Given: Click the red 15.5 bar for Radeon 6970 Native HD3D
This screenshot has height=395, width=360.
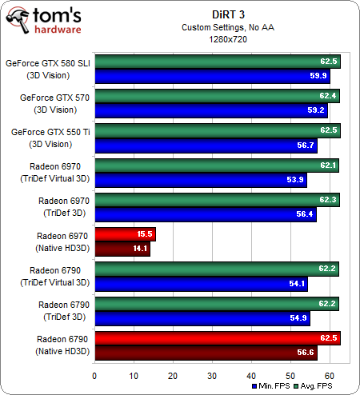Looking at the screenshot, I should tap(125, 233).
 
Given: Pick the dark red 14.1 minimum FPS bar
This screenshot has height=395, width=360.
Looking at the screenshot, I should tap(122, 248).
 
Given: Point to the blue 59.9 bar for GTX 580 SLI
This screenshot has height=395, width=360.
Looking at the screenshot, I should tap(212, 77).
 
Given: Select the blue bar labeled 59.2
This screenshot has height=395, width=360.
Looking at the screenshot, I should tap(210, 111).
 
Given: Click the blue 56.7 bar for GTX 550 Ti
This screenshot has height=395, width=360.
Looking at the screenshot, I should tap(206, 146).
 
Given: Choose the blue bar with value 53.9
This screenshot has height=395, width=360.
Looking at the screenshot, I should tap(200, 180).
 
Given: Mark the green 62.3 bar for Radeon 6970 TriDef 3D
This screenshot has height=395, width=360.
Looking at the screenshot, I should tap(217, 200).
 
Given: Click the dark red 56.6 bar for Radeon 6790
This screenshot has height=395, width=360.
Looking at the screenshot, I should tap(206, 352).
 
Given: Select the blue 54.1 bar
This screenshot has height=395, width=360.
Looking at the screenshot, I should tap(201, 283).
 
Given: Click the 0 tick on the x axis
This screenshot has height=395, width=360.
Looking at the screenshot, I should tap(94, 374).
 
